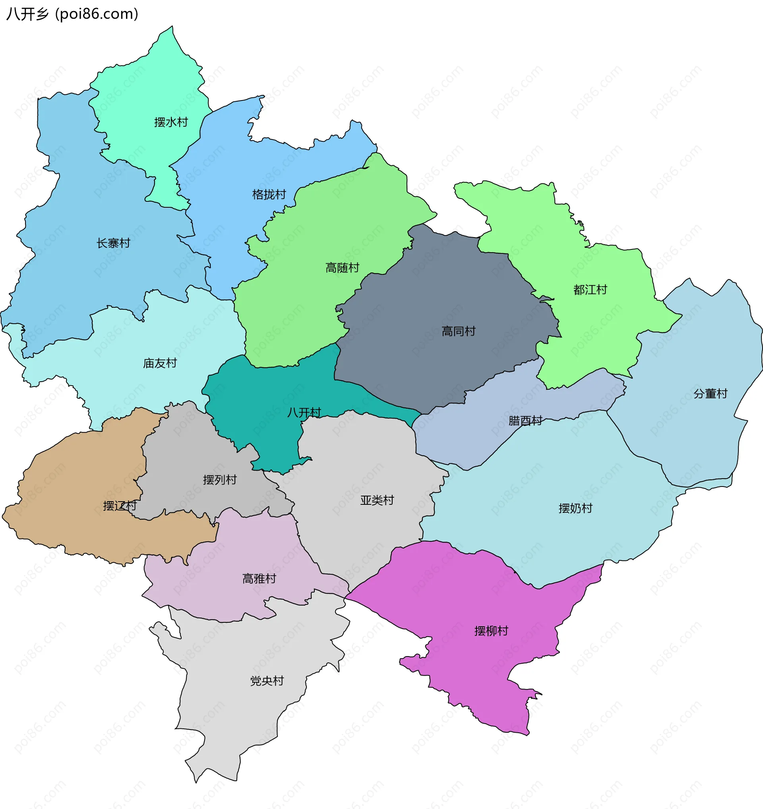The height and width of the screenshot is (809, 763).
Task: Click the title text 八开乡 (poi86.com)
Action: (72, 14)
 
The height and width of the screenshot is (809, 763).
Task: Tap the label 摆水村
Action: (171, 122)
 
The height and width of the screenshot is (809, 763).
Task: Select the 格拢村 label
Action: (269, 195)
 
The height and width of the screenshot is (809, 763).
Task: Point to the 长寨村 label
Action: (113, 243)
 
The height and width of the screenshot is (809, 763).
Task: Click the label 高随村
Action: (343, 268)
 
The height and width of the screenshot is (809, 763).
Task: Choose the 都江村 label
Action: (590, 290)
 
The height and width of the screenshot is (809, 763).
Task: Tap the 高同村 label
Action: (459, 331)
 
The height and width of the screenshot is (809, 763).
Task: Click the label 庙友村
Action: (160, 363)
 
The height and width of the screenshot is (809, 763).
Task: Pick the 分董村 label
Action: (710, 394)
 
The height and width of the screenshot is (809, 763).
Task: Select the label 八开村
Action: (304, 412)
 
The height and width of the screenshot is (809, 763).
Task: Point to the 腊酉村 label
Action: (525, 420)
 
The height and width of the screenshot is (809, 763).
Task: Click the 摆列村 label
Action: (220, 480)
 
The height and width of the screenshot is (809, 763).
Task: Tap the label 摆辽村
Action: (120, 506)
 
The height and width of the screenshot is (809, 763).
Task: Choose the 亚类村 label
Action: (377, 500)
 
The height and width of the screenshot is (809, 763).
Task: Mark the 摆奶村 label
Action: (575, 508)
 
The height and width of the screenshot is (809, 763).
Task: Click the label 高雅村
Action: (259, 578)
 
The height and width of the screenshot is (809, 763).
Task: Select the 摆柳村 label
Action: (491, 631)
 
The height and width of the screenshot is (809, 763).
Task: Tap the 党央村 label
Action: (267, 681)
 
